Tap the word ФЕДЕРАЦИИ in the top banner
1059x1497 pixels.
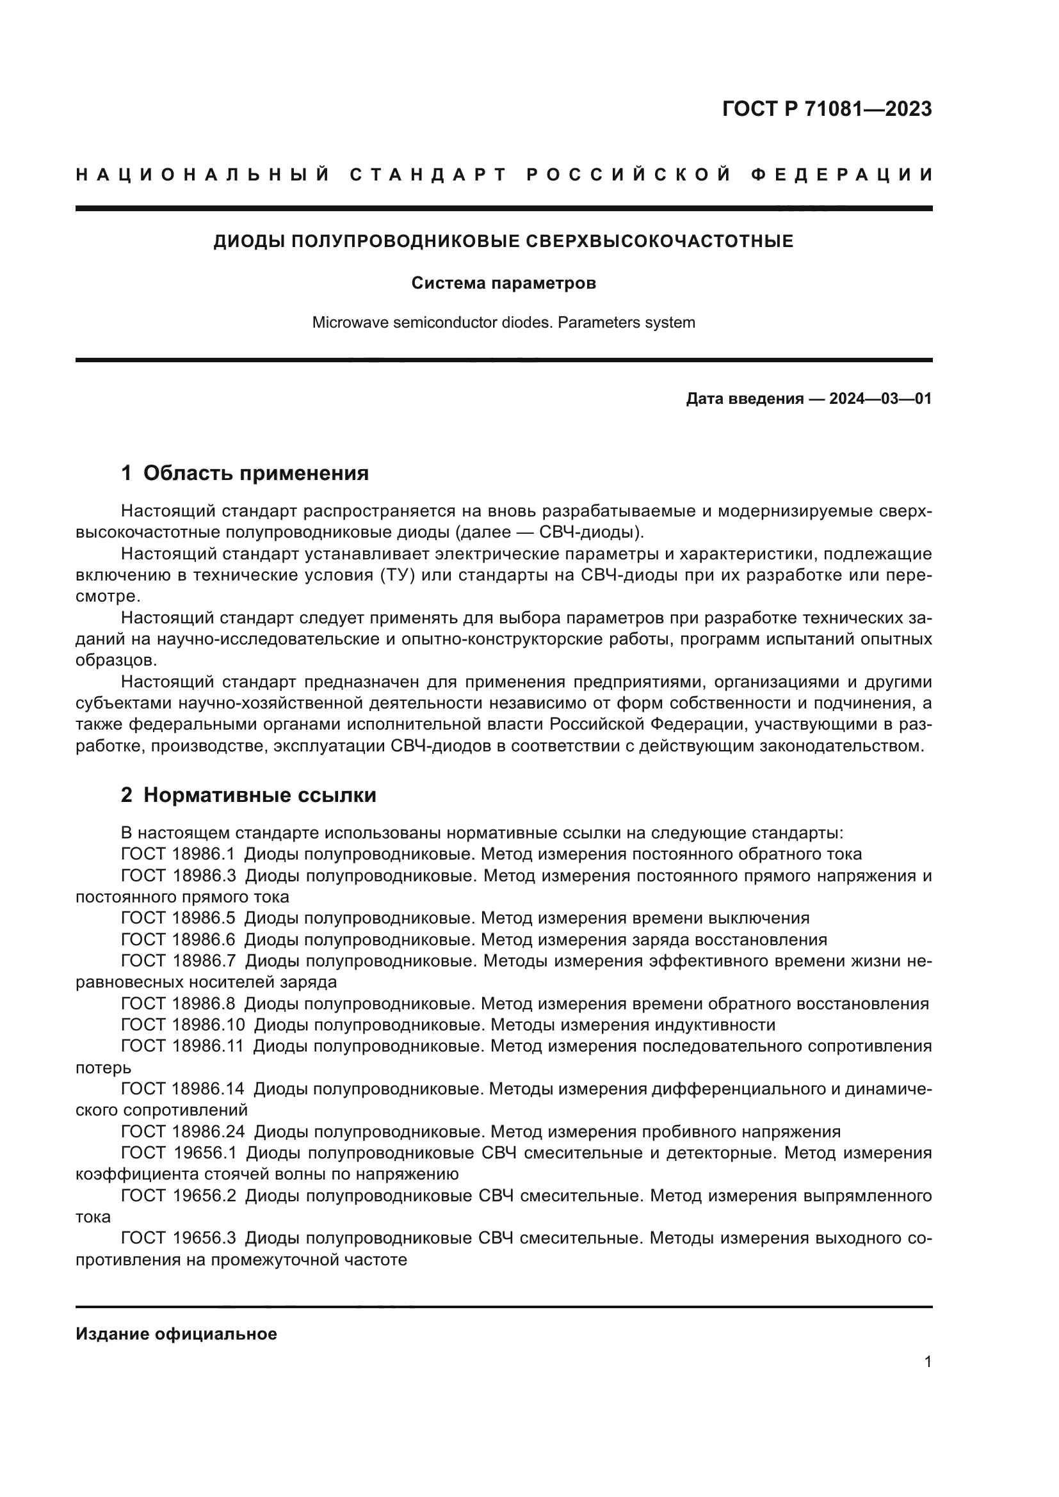842,175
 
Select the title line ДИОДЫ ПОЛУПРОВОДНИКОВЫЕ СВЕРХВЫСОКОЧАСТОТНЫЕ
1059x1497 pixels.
503,242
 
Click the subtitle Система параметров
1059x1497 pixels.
503,284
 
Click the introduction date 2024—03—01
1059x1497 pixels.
880,399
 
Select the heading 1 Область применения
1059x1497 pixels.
245,474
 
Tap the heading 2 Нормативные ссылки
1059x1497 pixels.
248,796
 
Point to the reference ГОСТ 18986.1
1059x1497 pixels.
177,854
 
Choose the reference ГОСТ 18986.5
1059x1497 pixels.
177,918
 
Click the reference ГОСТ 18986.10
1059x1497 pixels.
182,1025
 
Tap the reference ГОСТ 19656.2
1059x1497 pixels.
178,1196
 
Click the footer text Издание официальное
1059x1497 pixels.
176,1334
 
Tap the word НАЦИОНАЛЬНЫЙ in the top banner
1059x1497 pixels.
203,175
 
